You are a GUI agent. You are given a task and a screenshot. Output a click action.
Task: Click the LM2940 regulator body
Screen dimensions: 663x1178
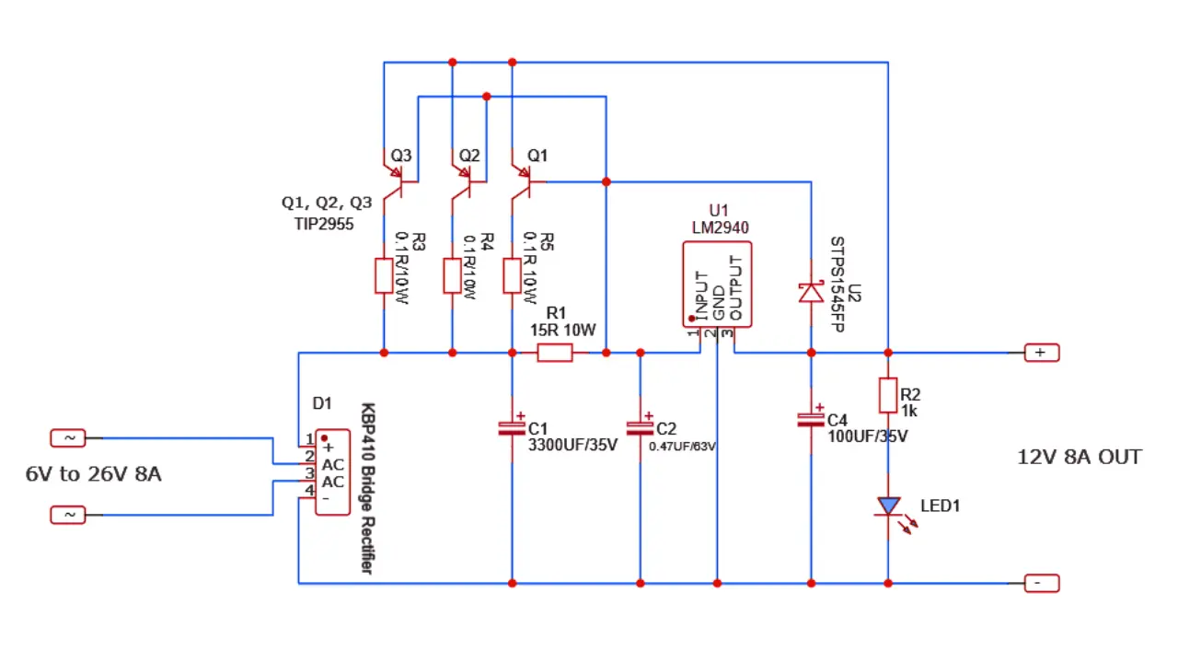pyautogui.click(x=717, y=284)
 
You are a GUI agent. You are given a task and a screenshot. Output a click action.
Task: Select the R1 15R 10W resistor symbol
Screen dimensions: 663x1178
pyautogui.click(x=555, y=353)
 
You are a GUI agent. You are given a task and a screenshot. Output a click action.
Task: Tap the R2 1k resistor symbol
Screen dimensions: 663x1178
pyautogui.click(x=888, y=395)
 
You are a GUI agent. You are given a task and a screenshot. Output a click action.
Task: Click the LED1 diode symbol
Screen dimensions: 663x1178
pyautogui.click(x=888, y=506)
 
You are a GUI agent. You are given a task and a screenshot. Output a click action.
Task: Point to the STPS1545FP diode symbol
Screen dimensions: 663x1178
pyautogui.click(x=811, y=292)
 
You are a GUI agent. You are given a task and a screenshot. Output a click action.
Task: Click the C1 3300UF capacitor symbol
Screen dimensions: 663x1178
pyautogui.click(x=512, y=428)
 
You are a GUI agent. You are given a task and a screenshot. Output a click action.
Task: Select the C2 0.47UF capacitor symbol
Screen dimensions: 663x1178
pyautogui.click(x=641, y=428)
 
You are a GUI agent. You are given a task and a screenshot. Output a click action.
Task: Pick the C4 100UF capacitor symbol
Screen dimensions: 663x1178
pyautogui.click(x=811, y=420)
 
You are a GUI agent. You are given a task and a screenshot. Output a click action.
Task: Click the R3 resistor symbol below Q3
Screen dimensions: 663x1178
pyautogui.click(x=384, y=276)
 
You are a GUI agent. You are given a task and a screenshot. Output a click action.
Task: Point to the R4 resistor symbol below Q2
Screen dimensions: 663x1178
pyautogui.click(x=452, y=276)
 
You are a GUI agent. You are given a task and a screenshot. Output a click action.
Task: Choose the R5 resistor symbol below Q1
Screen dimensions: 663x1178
pyautogui.click(x=512, y=276)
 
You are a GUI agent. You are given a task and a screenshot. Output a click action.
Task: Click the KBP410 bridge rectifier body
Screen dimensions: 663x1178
pyautogui.click(x=332, y=471)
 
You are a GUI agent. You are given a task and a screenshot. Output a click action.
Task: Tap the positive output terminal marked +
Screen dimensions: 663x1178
pyautogui.click(x=1041, y=353)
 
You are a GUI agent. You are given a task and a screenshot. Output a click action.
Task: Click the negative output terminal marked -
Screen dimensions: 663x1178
pyautogui.click(x=1041, y=583)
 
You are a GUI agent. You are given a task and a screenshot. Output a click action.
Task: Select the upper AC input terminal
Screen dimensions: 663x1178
pyautogui.click(x=67, y=438)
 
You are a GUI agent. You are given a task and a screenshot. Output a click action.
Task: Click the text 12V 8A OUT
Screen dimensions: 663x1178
pyautogui.click(x=1079, y=457)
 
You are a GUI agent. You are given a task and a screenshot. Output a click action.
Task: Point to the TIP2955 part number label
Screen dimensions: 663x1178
pyautogui.click(x=318, y=224)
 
